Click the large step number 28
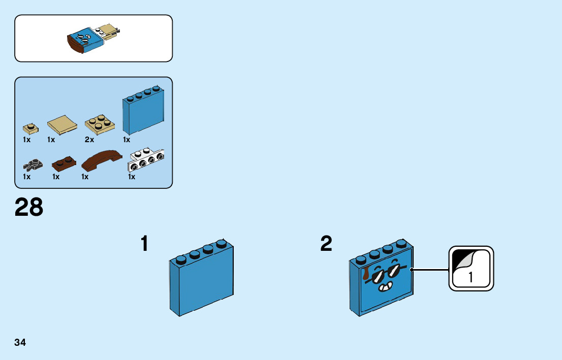click(x=29, y=208)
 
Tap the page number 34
click(x=20, y=342)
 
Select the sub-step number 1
click(x=145, y=244)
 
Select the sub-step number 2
click(x=326, y=244)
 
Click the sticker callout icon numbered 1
click(x=471, y=269)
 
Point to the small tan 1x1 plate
click(x=29, y=127)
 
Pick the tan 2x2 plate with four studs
click(x=100, y=123)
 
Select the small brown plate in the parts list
click(x=64, y=163)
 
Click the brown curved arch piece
click(x=102, y=160)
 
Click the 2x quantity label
click(x=89, y=140)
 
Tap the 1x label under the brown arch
click(x=85, y=177)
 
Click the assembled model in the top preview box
click(x=94, y=39)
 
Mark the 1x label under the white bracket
click(x=132, y=177)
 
